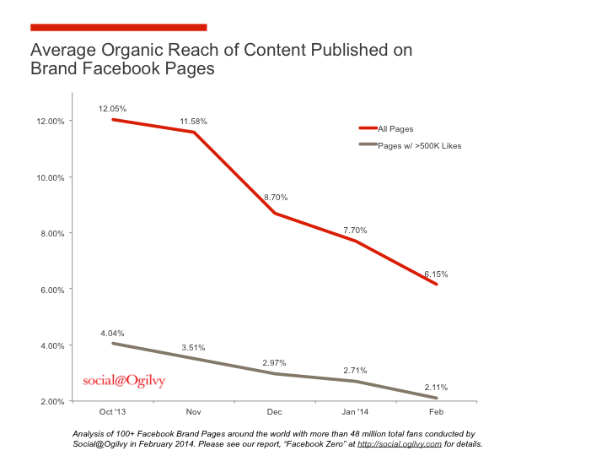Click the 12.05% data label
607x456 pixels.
point(112,109)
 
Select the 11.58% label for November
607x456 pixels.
point(193,122)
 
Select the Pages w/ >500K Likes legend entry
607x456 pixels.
point(418,145)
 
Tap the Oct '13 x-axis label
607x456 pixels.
point(112,413)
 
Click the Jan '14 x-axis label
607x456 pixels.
point(355,413)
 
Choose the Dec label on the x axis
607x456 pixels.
point(274,413)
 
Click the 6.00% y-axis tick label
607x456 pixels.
point(51,290)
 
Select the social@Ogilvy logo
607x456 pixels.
point(124,381)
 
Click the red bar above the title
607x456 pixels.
point(118,27)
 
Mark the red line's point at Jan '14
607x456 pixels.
point(355,242)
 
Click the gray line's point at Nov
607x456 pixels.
point(193,359)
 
